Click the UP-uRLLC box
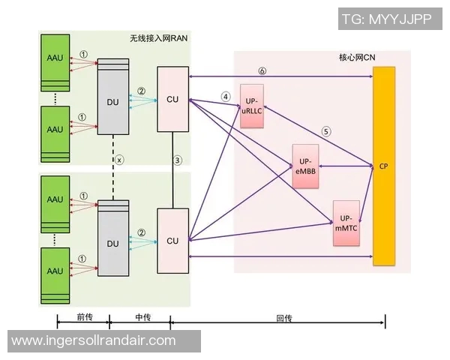(x=252, y=107)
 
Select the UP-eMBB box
(x=305, y=165)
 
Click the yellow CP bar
(x=384, y=165)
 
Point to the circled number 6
(x=262, y=71)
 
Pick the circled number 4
(x=225, y=97)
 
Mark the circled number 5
(x=326, y=131)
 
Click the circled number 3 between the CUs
(x=178, y=159)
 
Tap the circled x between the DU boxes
(x=118, y=159)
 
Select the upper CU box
(x=172, y=99)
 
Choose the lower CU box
(x=172, y=240)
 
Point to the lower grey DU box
(x=113, y=244)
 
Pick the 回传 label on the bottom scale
(x=283, y=317)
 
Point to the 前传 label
(x=83, y=317)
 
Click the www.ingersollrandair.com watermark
(x=94, y=340)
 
